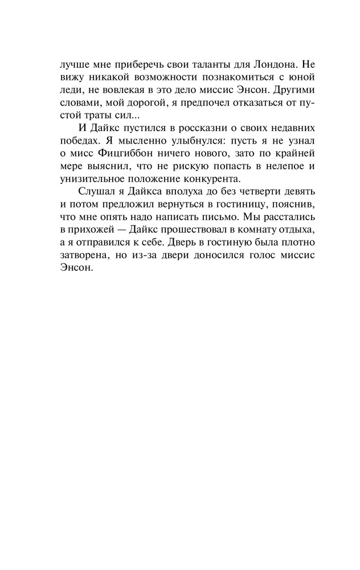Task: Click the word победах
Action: [80, 156]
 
